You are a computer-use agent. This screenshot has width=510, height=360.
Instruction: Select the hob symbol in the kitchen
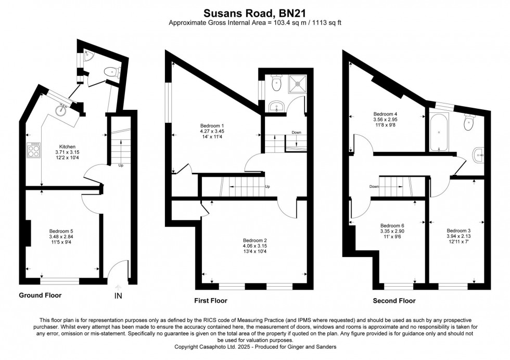click(x=34, y=151)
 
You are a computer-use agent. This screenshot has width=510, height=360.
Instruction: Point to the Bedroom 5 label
click(x=61, y=230)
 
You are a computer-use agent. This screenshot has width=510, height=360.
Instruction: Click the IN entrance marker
click(x=119, y=296)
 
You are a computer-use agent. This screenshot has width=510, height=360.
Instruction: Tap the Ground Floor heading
click(x=40, y=295)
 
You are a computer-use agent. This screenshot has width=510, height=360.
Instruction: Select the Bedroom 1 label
click(x=212, y=126)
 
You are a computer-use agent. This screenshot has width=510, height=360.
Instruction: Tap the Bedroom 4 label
click(x=385, y=113)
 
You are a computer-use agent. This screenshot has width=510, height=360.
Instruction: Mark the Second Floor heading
click(x=394, y=301)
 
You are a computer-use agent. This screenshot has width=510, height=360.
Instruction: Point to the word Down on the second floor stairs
click(x=374, y=186)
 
